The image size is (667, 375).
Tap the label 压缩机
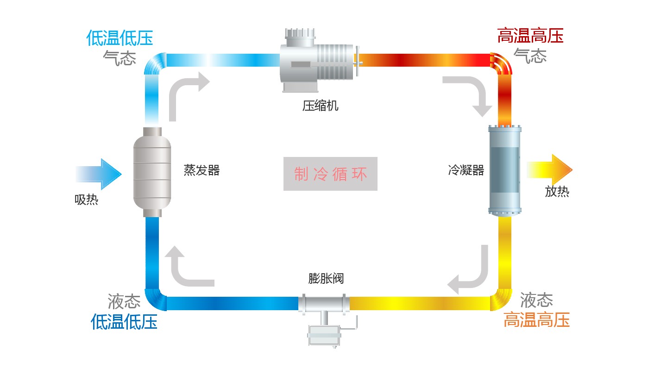tap(320, 106)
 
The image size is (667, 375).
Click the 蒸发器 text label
tap(201, 170)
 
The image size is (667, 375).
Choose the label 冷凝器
tap(466, 170)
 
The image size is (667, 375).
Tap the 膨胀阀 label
tap(326, 278)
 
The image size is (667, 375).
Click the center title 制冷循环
tap(330, 174)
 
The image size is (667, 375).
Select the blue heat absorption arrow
tap(99, 174)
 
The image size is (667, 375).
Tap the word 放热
tap(557, 191)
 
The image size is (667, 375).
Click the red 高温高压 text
tap(530, 36)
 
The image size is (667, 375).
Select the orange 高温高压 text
tap(536, 319)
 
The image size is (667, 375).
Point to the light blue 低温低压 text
tap(120, 38)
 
